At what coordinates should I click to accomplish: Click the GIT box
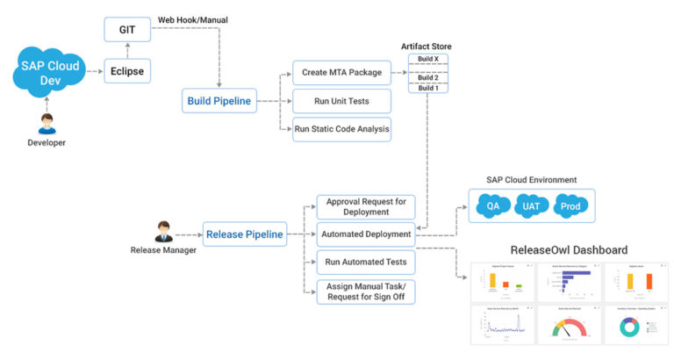tap(126, 30)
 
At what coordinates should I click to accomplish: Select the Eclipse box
tap(126, 69)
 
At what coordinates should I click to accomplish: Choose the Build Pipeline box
tap(219, 101)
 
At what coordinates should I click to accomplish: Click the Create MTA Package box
tap(341, 72)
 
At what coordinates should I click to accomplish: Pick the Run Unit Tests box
tap(341, 101)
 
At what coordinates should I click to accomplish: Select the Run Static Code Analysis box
tap(341, 130)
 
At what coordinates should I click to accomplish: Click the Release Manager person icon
tap(161, 232)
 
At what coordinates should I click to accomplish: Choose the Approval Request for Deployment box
tap(364, 206)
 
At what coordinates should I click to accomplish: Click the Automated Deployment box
tap(364, 234)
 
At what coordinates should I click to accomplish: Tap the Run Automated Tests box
tap(364, 262)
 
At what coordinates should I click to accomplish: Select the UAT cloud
tap(531, 208)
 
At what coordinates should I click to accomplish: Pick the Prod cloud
tap(571, 208)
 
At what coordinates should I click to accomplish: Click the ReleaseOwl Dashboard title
tap(569, 250)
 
